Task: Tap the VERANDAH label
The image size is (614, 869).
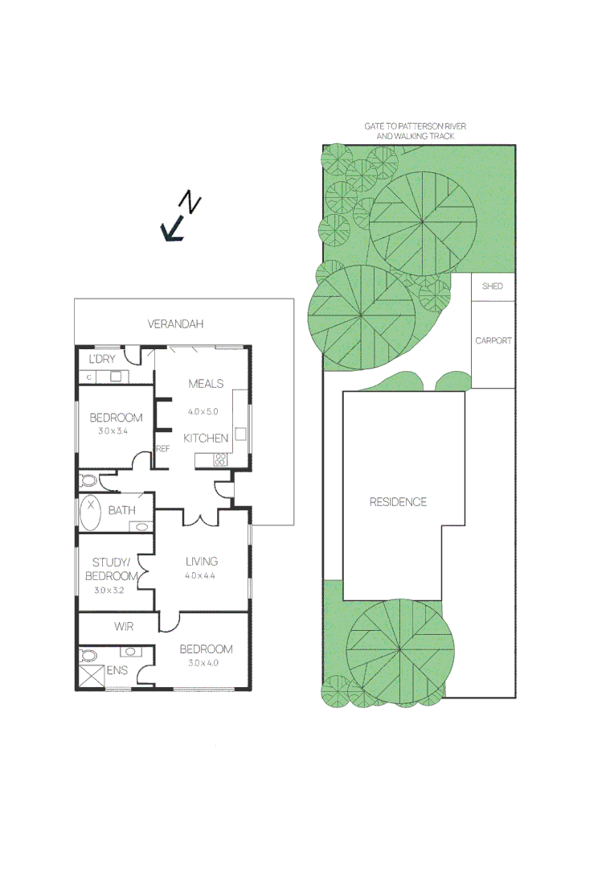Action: (x=175, y=324)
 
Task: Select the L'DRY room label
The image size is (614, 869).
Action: (x=102, y=358)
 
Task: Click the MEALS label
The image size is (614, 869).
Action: (x=206, y=384)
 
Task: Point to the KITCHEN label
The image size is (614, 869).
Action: (x=206, y=439)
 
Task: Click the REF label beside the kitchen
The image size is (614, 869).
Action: (x=162, y=449)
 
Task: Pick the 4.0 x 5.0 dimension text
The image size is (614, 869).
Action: (x=203, y=411)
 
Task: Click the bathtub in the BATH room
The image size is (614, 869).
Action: (x=90, y=513)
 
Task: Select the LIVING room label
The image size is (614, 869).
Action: (x=202, y=562)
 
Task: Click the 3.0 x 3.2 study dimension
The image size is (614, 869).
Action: (x=110, y=590)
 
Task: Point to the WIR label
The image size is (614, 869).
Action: (x=124, y=626)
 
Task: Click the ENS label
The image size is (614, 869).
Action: (x=117, y=669)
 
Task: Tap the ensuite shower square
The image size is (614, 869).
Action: (x=92, y=676)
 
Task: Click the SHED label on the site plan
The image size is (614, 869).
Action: (x=492, y=286)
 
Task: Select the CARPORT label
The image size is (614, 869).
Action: (x=493, y=341)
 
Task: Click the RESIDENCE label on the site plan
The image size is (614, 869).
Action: (x=398, y=502)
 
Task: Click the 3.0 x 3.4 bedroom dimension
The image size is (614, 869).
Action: (x=117, y=430)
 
